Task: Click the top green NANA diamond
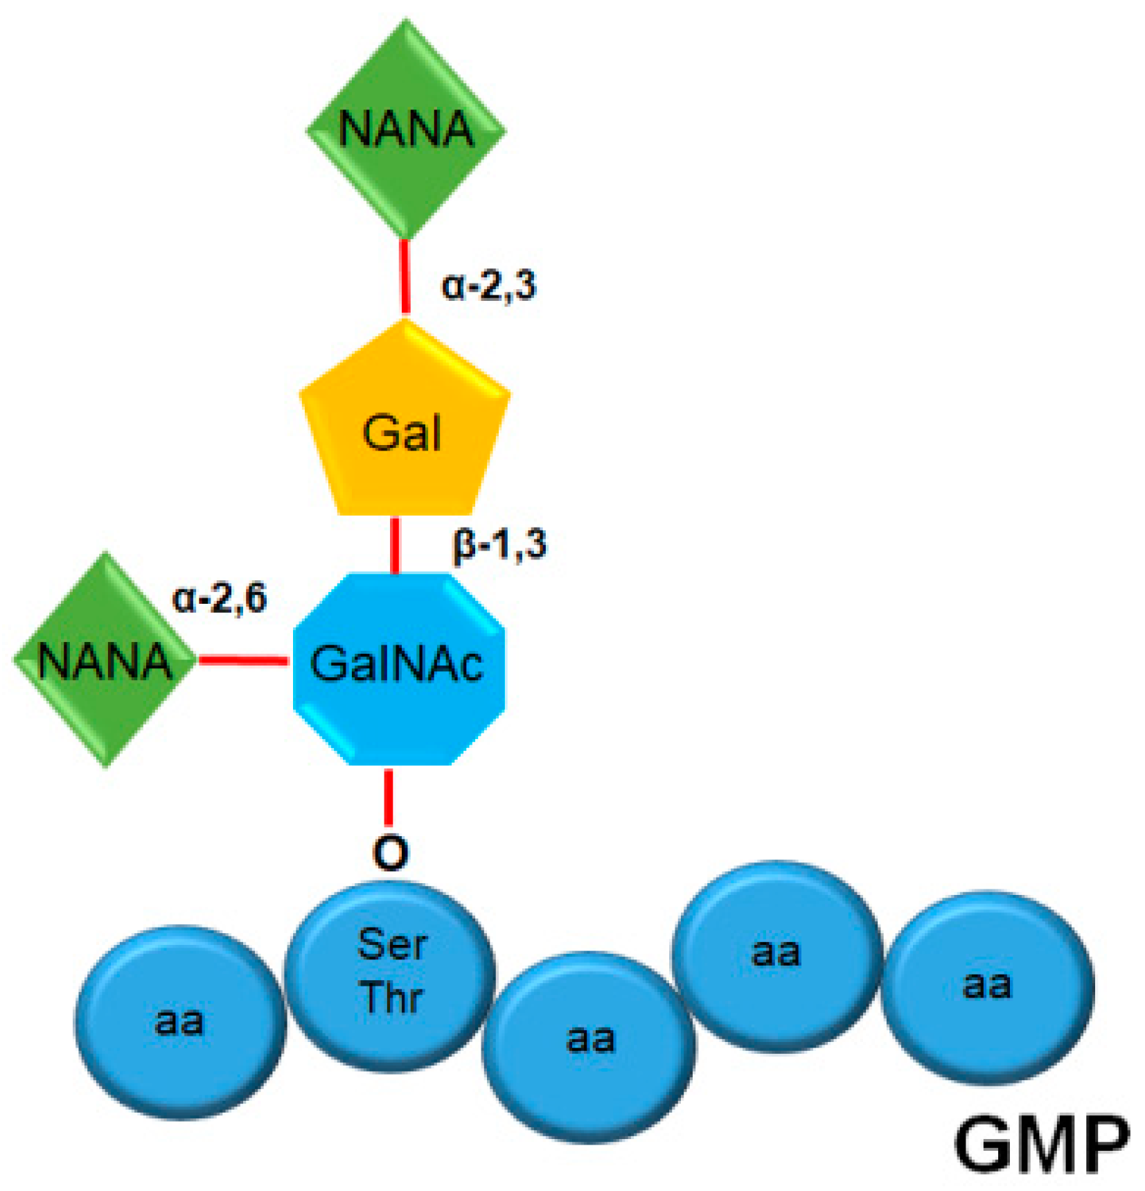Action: click(x=406, y=130)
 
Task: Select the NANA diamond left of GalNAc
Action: click(x=105, y=659)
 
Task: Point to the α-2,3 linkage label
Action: click(x=489, y=285)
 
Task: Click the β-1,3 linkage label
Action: click(x=499, y=544)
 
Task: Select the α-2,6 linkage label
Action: click(x=220, y=598)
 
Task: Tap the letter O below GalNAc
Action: click(x=390, y=852)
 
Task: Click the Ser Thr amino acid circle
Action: click(x=390, y=974)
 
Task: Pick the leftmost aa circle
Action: click(x=179, y=1021)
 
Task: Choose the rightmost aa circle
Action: click(x=986, y=986)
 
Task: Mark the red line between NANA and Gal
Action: click(x=405, y=277)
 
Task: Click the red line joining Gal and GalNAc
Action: click(x=395, y=545)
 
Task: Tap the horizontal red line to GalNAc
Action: click(x=243, y=660)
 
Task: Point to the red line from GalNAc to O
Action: click(x=389, y=797)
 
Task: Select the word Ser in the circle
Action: click(x=392, y=944)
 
